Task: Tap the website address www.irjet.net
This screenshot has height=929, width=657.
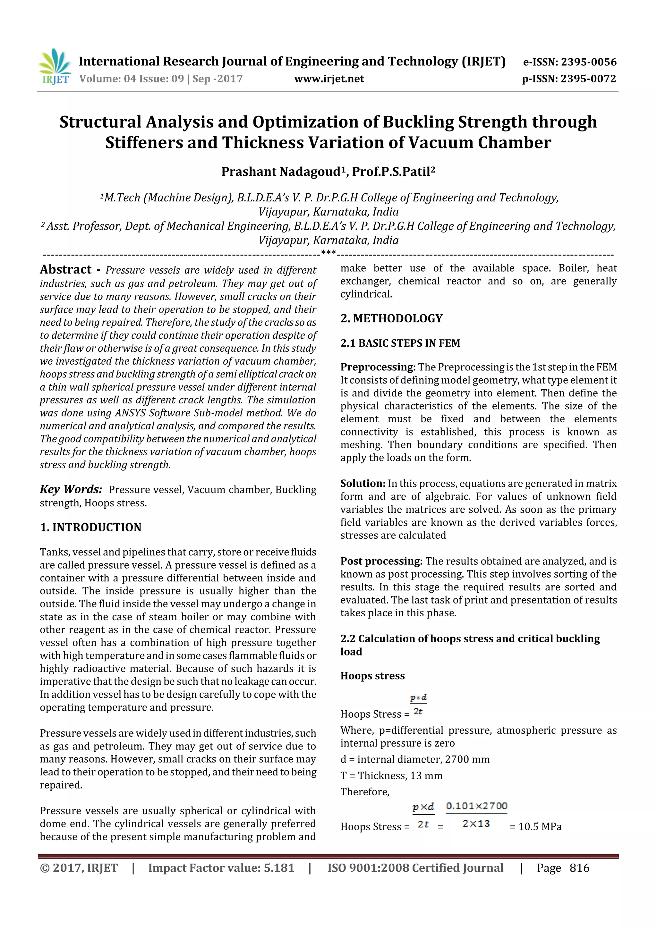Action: coord(329,79)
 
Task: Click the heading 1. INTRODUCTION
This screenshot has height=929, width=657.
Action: coord(91,527)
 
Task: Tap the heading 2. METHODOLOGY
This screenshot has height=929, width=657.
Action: coord(391,318)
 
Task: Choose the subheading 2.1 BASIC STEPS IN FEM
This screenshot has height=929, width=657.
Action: coord(400,343)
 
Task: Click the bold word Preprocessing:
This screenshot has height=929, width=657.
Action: coord(378,367)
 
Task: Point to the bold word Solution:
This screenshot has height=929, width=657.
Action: coord(363,484)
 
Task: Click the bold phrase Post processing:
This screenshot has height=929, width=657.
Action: coord(381,561)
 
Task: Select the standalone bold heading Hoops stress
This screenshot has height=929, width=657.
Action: coord(372,676)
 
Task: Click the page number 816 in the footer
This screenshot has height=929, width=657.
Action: coord(579,868)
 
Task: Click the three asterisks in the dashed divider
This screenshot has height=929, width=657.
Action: coord(328,253)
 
